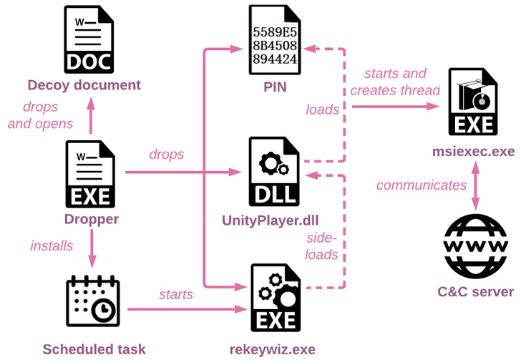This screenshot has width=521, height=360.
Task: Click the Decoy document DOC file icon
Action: click(89, 39)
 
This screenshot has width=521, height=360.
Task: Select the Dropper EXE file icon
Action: click(90, 174)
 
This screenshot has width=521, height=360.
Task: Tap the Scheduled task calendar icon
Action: click(93, 301)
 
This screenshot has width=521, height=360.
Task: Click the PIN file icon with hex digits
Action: click(275, 40)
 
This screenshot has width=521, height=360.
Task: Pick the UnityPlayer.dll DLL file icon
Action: click(275, 172)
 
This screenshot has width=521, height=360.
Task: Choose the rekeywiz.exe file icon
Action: click(276, 298)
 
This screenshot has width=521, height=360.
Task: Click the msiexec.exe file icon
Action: click(473, 102)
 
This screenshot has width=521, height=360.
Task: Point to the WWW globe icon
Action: click(475, 246)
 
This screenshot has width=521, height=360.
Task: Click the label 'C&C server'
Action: click(475, 292)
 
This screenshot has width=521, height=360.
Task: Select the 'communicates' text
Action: click(422, 185)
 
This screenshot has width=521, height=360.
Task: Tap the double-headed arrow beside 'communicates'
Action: click(475, 186)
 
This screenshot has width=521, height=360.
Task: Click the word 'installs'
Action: click(52, 246)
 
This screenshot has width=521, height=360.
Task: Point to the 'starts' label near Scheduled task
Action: click(176, 295)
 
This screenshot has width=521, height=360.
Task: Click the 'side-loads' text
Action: click(321, 246)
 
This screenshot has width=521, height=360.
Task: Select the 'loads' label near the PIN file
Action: click(322, 110)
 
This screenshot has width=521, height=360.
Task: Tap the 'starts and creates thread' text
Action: click(395, 82)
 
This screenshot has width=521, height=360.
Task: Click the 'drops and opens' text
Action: click(40, 115)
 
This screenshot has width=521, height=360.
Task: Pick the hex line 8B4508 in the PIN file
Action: click(275, 46)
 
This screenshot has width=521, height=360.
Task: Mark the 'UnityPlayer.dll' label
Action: click(270, 220)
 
